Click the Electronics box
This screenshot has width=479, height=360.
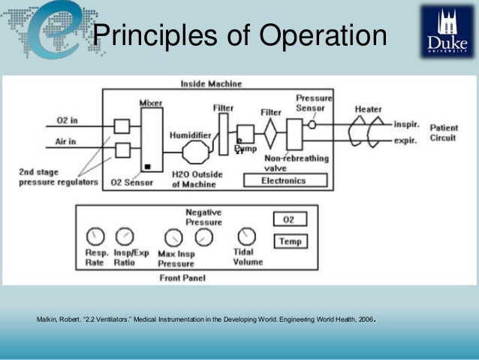click(283, 181)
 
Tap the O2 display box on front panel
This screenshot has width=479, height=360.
click(288, 219)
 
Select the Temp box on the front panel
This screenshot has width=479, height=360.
click(288, 241)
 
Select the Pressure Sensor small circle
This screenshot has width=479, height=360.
click(312, 123)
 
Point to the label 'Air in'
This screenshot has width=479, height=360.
click(68, 141)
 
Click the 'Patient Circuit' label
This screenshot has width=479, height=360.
click(444, 133)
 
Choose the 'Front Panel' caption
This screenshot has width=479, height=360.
click(184, 277)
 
